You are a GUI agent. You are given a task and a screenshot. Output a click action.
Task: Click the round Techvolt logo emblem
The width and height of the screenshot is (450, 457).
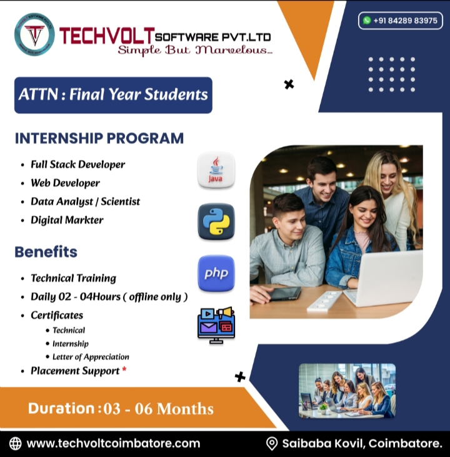(x=34, y=34)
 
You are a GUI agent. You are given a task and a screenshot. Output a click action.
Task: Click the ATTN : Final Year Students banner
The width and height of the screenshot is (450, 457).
(x=113, y=95)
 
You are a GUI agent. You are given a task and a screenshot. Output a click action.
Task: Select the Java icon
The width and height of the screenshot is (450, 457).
(x=216, y=170)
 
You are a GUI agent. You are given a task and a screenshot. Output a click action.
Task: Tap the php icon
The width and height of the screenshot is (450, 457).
(x=216, y=274)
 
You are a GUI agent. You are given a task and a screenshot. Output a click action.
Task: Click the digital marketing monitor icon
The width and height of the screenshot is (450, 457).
(x=216, y=324)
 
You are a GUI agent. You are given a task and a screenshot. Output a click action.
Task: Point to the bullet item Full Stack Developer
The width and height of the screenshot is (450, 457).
(x=77, y=165)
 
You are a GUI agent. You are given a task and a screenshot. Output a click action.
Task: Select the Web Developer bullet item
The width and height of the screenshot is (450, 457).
(x=65, y=183)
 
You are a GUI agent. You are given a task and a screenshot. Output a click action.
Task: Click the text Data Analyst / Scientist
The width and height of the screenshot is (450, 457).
(x=85, y=202)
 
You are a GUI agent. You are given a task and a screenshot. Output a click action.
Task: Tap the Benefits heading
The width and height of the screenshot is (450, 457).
(x=46, y=252)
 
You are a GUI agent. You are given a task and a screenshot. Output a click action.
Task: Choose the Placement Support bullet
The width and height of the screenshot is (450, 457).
(x=75, y=371)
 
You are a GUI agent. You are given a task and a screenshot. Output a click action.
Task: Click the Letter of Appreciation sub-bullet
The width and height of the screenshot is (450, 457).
(x=91, y=357)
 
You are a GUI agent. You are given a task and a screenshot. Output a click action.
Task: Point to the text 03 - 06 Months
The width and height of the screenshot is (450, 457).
(x=159, y=409)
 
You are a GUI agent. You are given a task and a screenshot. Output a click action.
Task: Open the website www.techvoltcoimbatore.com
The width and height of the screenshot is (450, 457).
(x=113, y=443)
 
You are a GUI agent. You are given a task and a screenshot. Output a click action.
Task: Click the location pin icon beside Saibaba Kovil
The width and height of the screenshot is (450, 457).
(x=271, y=443)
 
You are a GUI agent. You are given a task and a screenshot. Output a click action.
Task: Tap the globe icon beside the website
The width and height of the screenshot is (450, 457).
(x=15, y=443)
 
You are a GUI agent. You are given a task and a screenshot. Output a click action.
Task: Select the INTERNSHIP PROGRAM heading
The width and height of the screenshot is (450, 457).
(x=99, y=138)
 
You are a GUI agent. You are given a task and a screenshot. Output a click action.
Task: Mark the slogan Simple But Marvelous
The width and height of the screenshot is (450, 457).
(x=194, y=50)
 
